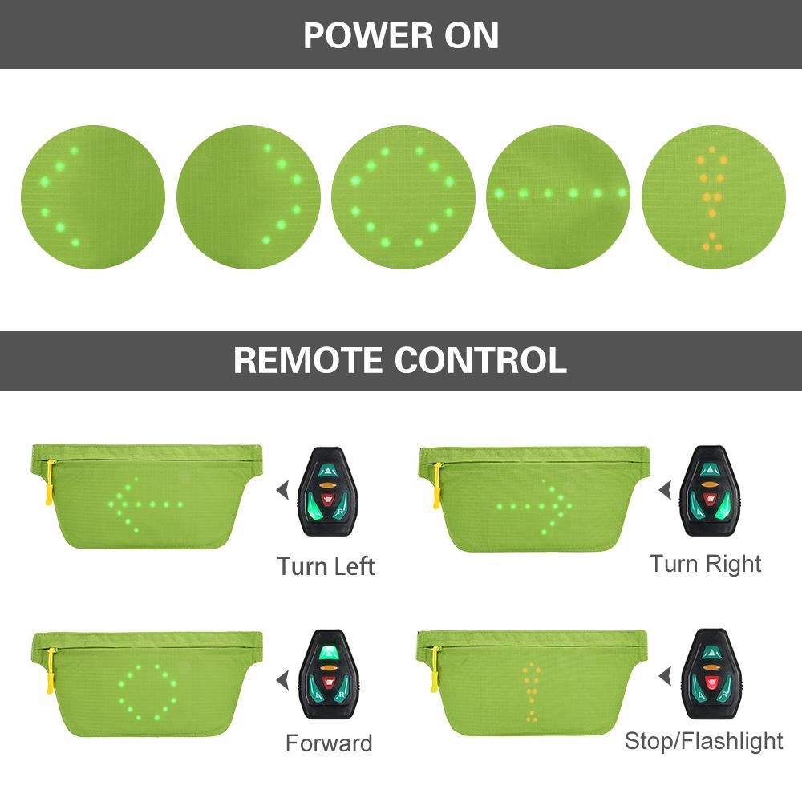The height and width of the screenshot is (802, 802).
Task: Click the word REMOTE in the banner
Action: [309, 360]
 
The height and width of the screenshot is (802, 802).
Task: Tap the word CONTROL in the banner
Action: [480, 360]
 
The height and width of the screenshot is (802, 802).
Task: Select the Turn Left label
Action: [326, 566]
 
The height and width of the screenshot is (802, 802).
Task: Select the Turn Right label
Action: [705, 565]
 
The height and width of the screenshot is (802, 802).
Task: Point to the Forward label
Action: [329, 743]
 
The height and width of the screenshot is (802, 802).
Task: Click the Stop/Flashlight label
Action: [704, 741]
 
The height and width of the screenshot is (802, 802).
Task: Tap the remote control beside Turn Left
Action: [328, 492]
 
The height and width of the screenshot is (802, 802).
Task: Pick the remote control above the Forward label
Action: [328, 674]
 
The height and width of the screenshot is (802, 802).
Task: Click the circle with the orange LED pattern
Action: [714, 197]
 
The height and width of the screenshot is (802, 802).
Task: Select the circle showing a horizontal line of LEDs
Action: [558, 197]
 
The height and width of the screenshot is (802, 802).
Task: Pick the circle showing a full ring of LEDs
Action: [403, 197]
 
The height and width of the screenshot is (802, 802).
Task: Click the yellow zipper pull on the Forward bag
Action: [50, 670]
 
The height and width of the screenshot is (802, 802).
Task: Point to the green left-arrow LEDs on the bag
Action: [146, 504]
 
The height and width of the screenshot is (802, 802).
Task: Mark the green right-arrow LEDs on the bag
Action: [534, 507]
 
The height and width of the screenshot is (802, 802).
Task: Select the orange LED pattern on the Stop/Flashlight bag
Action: [532, 693]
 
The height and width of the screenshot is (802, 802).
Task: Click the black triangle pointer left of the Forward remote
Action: [283, 680]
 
